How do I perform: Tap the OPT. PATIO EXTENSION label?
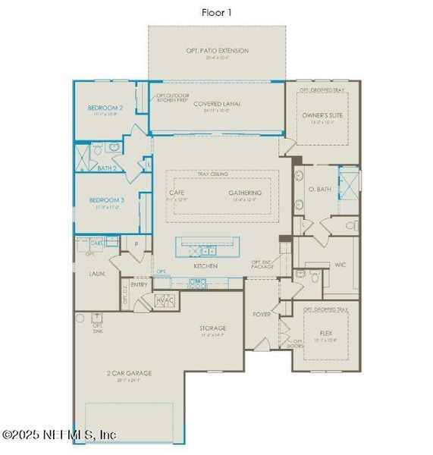coord(217,51)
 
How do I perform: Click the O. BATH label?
coord(319,188)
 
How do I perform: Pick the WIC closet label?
coord(340,265)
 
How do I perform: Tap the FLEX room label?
coord(326,332)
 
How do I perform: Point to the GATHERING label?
coord(246,193)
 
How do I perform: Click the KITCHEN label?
coord(206,266)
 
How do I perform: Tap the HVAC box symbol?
coord(165,301)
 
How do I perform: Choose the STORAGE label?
coord(213,328)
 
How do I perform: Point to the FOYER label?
coord(262,313)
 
